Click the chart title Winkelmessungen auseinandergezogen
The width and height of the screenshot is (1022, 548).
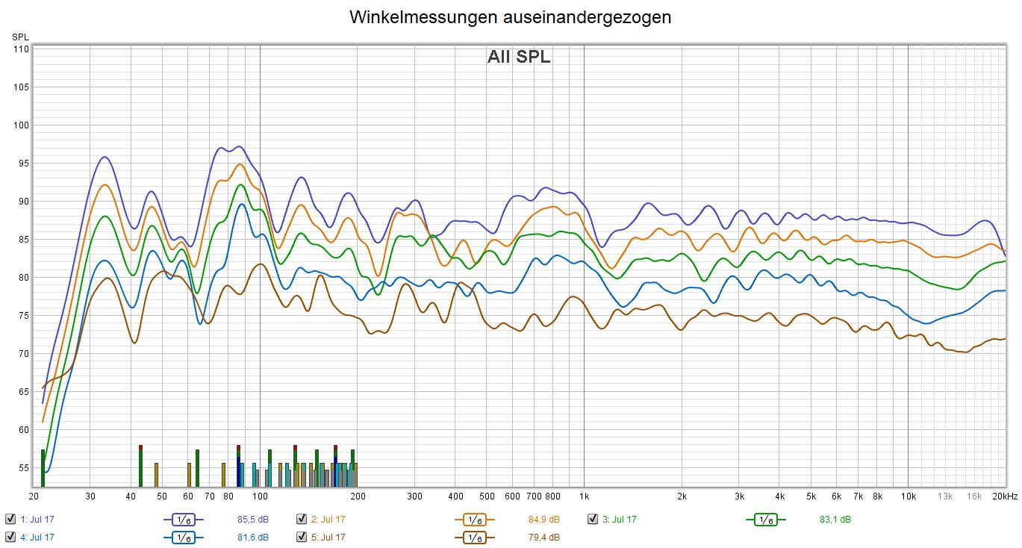pyautogui.click(x=511, y=18)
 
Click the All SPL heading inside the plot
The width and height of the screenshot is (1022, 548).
pyautogui.click(x=519, y=57)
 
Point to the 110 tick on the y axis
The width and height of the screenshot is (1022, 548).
pyautogui.click(x=19, y=49)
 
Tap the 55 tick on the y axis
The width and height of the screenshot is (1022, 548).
pyautogui.click(x=22, y=467)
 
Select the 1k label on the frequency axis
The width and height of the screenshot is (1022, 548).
pyautogui.click(x=585, y=496)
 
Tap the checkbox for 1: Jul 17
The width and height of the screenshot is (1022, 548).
pyautogui.click(x=10, y=519)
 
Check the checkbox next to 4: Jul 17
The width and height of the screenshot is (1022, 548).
pyautogui.click(x=10, y=537)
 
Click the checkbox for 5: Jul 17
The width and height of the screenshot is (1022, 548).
pyautogui.click(x=302, y=537)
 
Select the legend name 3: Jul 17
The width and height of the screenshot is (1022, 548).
pyautogui.click(x=619, y=519)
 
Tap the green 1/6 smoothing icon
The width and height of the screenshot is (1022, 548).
pyautogui.click(x=765, y=519)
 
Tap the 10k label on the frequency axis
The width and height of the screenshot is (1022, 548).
pyautogui.click(x=909, y=496)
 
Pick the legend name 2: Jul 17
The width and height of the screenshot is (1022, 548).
pyautogui.click(x=328, y=519)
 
